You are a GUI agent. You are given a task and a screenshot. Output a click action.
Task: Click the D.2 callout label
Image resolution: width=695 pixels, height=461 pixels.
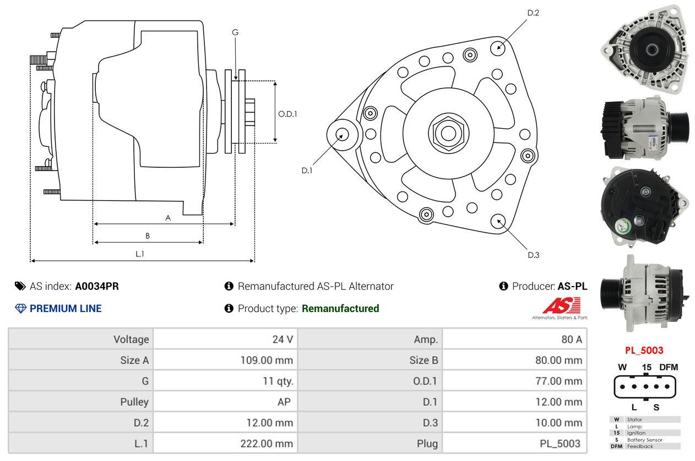pyautogui.click(x=533, y=13)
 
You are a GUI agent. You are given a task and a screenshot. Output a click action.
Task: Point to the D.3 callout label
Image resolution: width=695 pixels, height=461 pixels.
pyautogui.click(x=533, y=255)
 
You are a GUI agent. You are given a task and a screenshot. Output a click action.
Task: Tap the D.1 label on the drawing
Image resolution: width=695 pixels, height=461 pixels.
pyautogui.click(x=307, y=171)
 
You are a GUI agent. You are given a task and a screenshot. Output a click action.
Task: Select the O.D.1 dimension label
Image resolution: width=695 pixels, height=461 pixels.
pyautogui.click(x=288, y=114)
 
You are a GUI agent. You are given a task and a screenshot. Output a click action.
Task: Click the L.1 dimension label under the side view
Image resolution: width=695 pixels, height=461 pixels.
pyautogui.click(x=140, y=254)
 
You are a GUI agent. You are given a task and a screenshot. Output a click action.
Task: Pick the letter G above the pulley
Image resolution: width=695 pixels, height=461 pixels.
pyautogui.click(x=235, y=32)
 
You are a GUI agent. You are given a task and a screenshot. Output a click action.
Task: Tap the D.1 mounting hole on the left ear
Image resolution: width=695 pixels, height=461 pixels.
pyautogui.click(x=341, y=134)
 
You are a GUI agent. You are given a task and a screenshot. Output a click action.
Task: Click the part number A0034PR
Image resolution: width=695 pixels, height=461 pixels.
pyautogui.click(x=97, y=286)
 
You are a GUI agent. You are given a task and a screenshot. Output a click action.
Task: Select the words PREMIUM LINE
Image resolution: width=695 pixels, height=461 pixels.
pyautogui.click(x=66, y=309)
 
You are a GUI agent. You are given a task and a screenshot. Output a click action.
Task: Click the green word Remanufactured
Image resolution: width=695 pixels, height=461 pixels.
pyautogui.click(x=340, y=309)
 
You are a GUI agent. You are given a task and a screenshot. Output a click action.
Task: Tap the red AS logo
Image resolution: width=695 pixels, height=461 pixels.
pyautogui.click(x=561, y=306)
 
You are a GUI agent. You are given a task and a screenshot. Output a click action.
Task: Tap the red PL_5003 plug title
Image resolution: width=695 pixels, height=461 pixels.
pyautogui.click(x=644, y=350)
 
